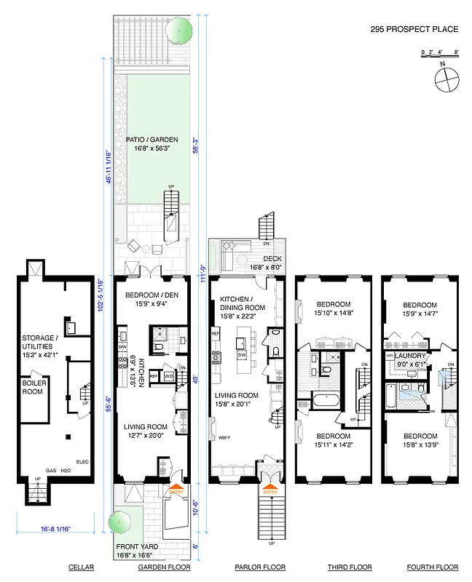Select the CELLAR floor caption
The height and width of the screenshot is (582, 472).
pos(56,567)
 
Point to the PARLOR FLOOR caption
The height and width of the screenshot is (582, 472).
pos(260,567)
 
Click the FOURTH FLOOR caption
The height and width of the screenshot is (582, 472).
pos(432,567)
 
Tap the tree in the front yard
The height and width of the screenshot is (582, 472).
pos(117,522)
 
